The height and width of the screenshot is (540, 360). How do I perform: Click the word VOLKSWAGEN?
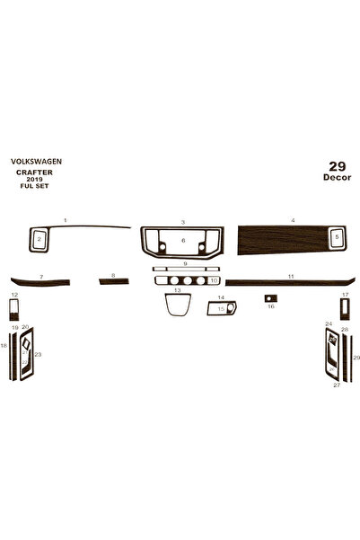[x=36, y=161]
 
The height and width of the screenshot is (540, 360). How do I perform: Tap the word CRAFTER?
[x=34, y=173]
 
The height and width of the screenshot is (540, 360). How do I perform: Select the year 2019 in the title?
[x=34, y=180]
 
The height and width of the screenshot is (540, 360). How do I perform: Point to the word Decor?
[x=337, y=177]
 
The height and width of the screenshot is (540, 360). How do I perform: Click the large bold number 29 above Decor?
[x=337, y=166]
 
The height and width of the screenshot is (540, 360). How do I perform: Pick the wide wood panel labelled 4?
[x=282, y=240]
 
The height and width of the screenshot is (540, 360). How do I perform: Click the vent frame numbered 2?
[x=40, y=239]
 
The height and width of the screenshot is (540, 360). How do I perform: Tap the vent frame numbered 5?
[x=337, y=237]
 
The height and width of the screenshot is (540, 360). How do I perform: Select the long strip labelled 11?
[x=290, y=283]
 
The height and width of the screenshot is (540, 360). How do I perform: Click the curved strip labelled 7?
[x=40, y=282]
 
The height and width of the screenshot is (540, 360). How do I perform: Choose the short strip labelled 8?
[x=114, y=281]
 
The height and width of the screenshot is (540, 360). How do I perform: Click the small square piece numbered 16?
[x=271, y=298]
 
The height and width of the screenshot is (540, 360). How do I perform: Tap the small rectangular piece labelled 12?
[x=14, y=310]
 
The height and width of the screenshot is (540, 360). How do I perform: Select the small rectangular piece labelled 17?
[x=345, y=309]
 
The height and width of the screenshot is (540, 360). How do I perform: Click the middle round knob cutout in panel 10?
[x=188, y=280]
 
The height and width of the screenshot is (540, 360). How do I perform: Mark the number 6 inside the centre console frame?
[x=183, y=241]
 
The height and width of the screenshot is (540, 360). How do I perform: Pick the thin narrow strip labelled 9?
[x=186, y=269]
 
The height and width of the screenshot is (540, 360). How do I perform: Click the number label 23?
[x=38, y=354]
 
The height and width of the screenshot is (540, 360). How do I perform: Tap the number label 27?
[x=337, y=385]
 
